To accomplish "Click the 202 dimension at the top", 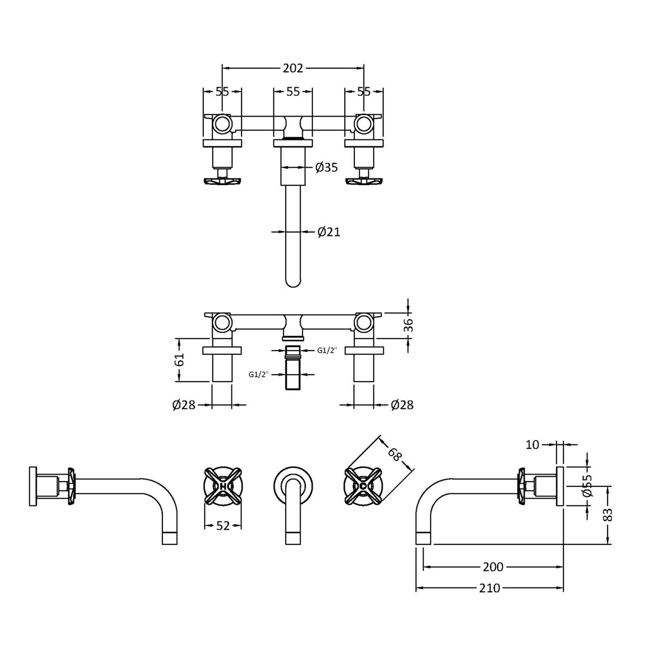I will [293, 68].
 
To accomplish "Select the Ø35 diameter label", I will [326, 168].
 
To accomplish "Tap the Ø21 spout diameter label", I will [328, 232].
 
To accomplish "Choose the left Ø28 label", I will [184, 405].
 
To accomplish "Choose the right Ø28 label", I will [402, 405].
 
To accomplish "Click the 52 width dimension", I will [223, 525].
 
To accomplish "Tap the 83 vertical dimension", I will [608, 514].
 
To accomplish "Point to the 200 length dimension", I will [493, 567].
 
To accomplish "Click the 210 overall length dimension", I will [490, 588].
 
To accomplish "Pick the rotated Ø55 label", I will [587, 486].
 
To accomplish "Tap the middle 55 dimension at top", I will [293, 92].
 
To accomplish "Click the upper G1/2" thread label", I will [327, 350].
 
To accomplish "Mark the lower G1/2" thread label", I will [258, 374].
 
